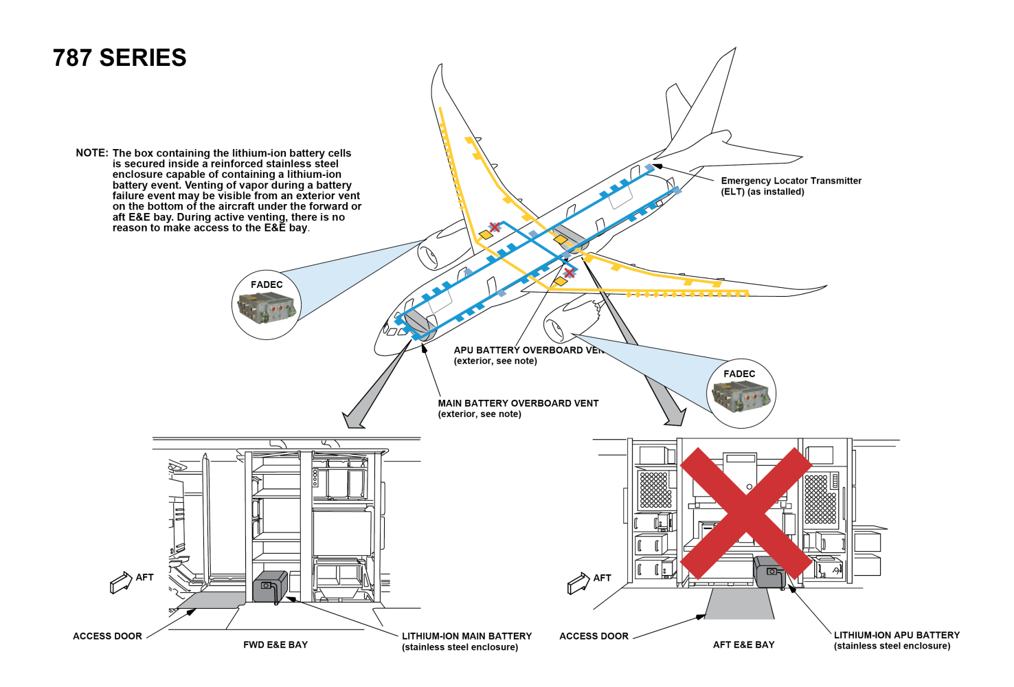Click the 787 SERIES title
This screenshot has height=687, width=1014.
[120, 58]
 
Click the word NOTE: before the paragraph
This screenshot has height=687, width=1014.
[92, 153]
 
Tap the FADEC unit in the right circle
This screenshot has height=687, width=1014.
[741, 397]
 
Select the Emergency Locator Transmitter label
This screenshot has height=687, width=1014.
[790, 185]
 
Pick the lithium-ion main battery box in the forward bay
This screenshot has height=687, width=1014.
[270, 586]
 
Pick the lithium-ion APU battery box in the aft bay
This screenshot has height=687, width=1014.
[769, 572]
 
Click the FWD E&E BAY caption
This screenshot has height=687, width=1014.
[275, 644]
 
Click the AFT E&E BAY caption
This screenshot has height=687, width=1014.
[743, 644]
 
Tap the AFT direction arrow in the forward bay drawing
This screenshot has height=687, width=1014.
[121, 582]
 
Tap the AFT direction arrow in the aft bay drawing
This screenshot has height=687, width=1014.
[578, 583]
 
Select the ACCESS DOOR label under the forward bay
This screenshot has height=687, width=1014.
[107, 636]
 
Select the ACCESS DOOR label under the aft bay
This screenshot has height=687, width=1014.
[594, 636]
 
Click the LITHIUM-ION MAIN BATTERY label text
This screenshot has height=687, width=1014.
[466, 636]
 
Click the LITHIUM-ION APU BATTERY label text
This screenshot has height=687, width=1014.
[897, 635]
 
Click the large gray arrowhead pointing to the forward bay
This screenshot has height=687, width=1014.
[354, 418]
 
